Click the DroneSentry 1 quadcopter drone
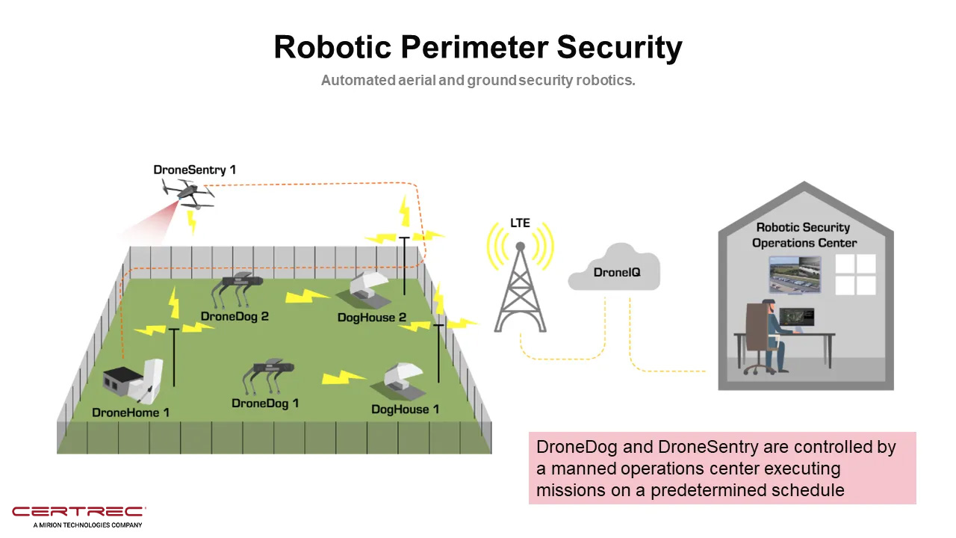point(187,194)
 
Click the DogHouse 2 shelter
point(365,289)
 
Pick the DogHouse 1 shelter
point(399,381)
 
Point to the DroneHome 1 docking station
point(133,381)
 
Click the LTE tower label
point(520,223)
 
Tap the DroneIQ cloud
point(614,268)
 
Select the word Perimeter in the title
point(474,47)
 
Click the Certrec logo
point(79,516)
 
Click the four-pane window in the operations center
point(855,274)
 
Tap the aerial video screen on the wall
point(795,274)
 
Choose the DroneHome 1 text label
point(131,412)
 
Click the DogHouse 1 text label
point(405,409)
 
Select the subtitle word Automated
point(358,80)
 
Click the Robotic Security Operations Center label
point(804,235)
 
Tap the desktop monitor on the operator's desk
point(796,318)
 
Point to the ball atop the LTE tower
point(521,247)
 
